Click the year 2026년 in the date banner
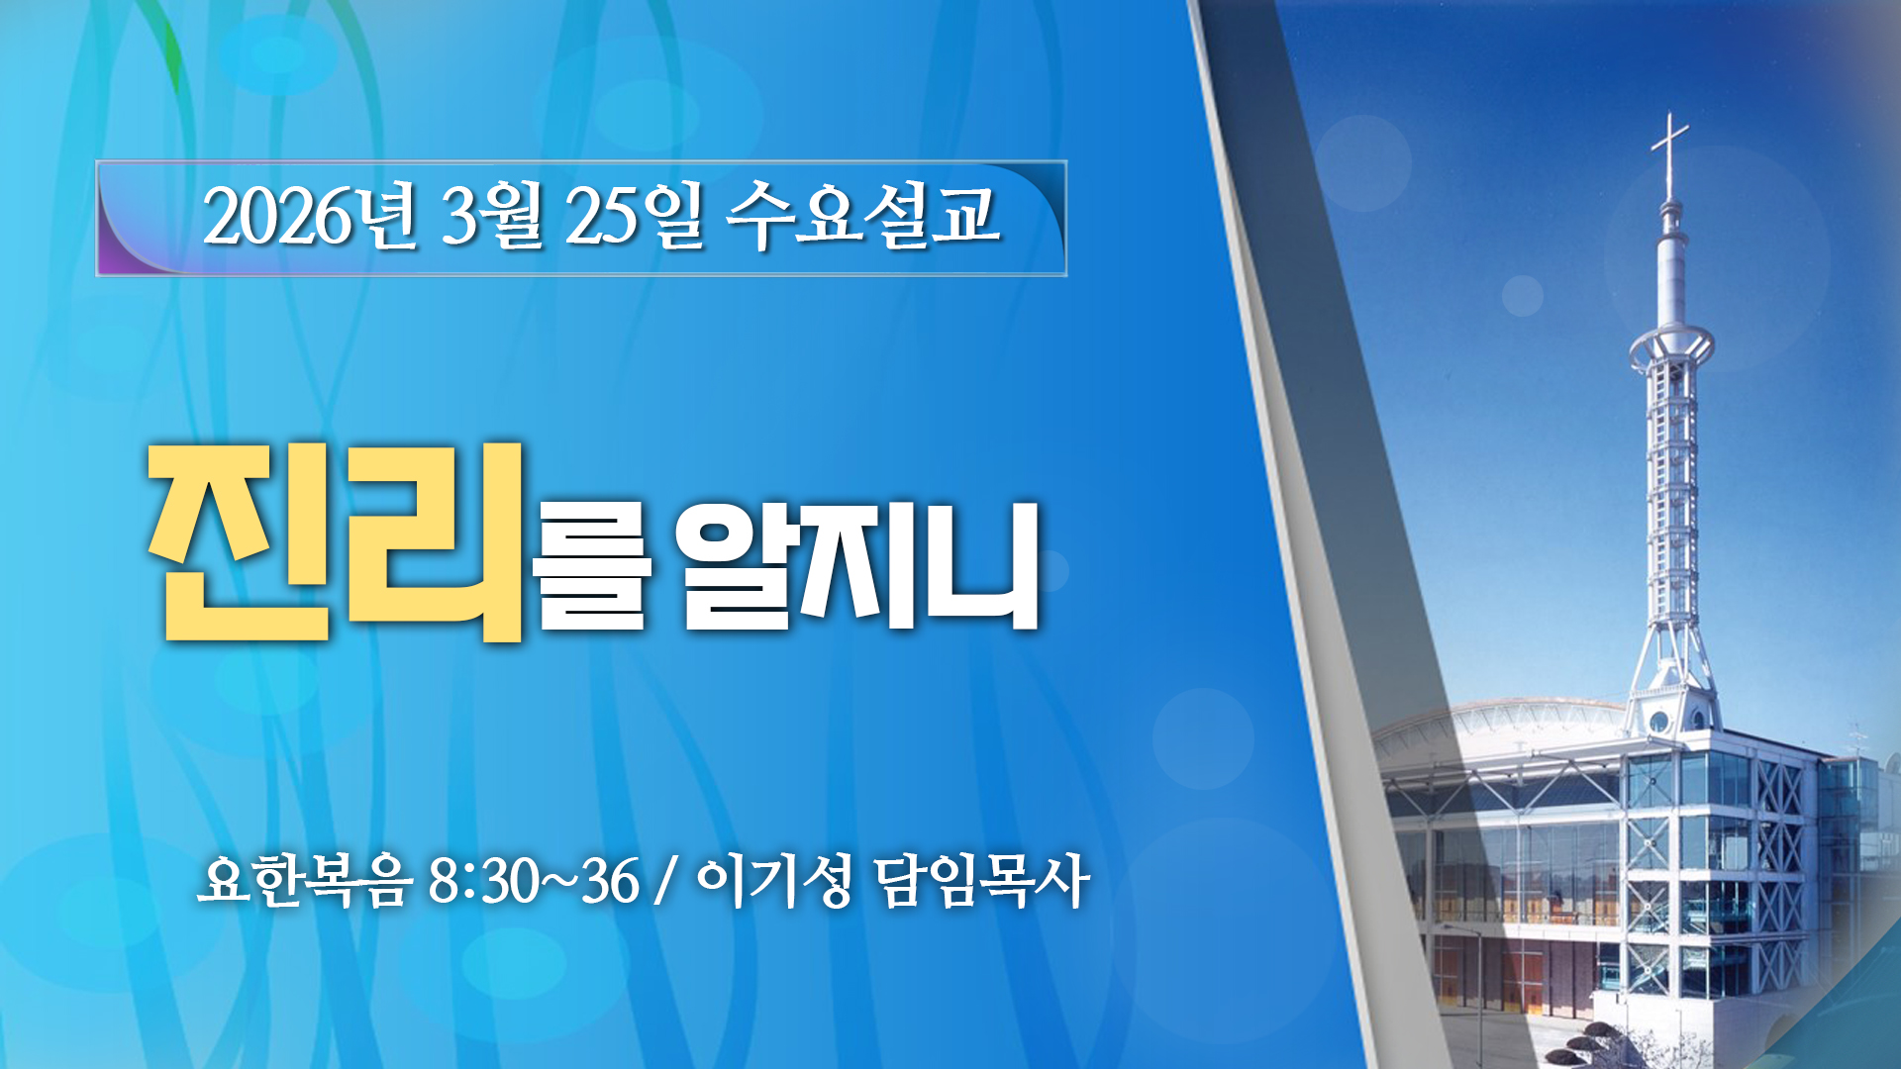click(x=310, y=216)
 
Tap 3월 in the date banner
click(x=492, y=216)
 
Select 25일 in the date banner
click(x=635, y=216)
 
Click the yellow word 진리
click(x=336, y=541)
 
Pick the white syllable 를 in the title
click(x=591, y=568)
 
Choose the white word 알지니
click(x=858, y=566)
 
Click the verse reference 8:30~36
click(x=534, y=880)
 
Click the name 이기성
click(x=773, y=880)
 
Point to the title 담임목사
click(x=982, y=880)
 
